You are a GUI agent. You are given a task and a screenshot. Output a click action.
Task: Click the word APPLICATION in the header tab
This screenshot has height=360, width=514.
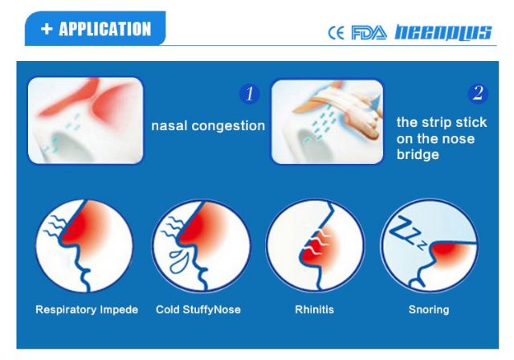click(x=105, y=29)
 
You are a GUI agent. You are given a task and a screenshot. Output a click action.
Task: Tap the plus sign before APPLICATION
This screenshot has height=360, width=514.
click(x=47, y=29)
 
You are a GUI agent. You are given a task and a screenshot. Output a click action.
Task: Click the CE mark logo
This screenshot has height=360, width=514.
click(x=337, y=33)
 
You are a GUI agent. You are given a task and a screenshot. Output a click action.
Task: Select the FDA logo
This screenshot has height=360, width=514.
click(x=369, y=33)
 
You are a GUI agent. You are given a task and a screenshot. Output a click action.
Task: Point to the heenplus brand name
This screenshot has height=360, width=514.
click(x=443, y=33)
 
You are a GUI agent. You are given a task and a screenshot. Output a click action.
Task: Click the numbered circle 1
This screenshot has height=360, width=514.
click(x=250, y=93)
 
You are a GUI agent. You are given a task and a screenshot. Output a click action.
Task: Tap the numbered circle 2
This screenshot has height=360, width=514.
click(x=478, y=93)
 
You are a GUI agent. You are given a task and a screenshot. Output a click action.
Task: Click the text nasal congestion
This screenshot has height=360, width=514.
click(x=208, y=126)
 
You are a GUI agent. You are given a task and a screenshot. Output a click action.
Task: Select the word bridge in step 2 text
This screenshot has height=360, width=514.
click(x=418, y=154)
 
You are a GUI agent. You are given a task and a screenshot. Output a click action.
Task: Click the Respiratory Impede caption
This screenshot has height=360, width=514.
click(x=87, y=309)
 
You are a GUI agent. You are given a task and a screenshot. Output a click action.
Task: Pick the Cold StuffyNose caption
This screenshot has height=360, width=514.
click(x=198, y=309)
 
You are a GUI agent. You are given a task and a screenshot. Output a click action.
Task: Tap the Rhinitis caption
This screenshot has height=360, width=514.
click(x=314, y=309)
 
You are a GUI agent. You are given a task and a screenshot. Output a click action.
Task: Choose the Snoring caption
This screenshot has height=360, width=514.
click(x=429, y=309)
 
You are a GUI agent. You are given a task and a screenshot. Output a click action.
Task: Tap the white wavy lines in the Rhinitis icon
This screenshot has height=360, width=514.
click(x=316, y=243)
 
